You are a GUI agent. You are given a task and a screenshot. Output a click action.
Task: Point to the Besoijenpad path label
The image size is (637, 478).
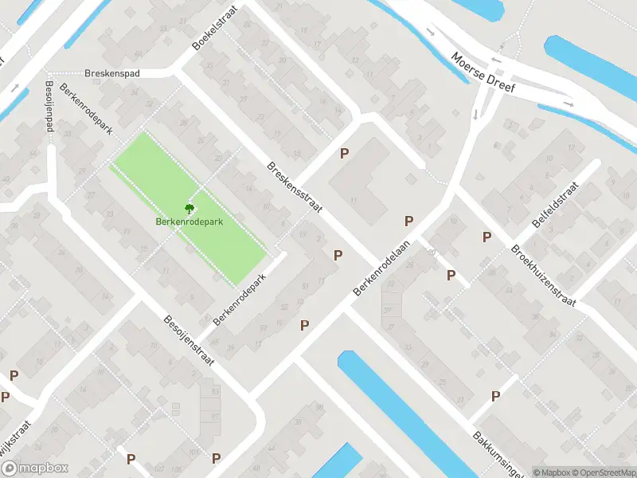tap(49, 106)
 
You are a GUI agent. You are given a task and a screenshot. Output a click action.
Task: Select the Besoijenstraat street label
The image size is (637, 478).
tap(190, 338)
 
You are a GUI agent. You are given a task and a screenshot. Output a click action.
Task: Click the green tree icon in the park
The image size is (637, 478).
tap(190, 209)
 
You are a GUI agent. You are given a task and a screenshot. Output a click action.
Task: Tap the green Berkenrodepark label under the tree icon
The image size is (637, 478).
tap(190, 221)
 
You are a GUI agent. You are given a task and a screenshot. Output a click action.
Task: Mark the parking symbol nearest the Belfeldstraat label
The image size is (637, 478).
tap(487, 237)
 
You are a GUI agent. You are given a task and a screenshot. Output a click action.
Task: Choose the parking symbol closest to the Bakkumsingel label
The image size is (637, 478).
tap(495, 396)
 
